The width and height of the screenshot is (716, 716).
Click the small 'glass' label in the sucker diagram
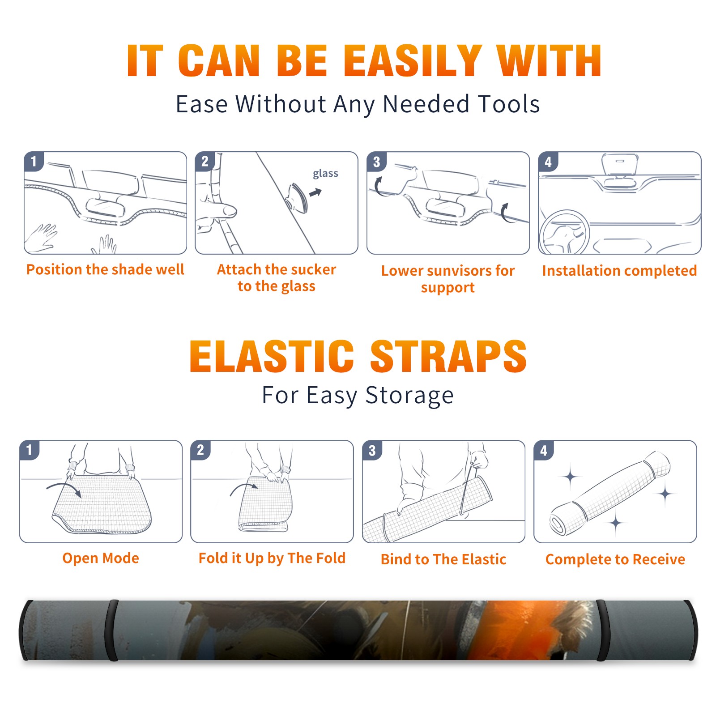325,174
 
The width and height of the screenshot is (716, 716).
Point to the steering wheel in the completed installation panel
564,232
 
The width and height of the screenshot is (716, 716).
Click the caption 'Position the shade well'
105,269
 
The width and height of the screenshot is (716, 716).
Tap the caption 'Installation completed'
619,271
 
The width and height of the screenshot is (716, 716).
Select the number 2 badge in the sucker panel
205,162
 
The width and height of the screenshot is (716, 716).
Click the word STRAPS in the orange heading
448,356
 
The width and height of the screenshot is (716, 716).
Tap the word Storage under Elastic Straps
409,396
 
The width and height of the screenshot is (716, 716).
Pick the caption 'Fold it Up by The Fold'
272,558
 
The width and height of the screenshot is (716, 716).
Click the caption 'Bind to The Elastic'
443,559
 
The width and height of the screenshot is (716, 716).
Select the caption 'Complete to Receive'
615,559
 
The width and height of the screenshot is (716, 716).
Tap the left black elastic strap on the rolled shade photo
112,630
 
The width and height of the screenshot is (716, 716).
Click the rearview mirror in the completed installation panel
620,164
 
